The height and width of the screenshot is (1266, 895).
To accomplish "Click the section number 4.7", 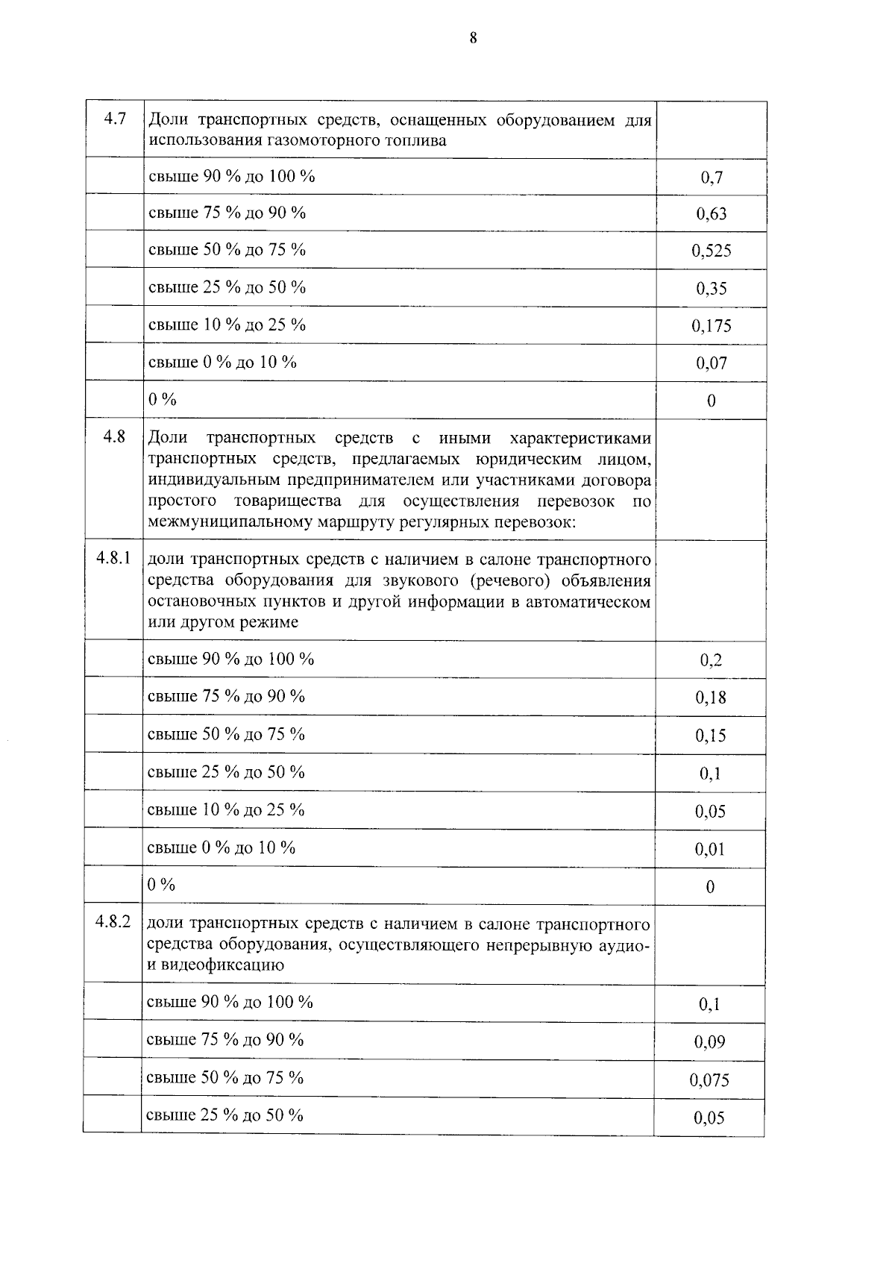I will [114, 119].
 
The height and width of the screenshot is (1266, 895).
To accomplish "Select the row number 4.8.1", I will [113, 558].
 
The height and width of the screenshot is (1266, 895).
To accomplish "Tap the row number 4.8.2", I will [113, 922].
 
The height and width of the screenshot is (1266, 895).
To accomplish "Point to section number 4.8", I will [114, 436].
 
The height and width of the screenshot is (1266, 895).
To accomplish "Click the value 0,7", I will [712, 178].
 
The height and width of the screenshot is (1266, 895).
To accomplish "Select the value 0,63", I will [712, 214].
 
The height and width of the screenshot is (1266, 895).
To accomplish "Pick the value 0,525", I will [712, 251].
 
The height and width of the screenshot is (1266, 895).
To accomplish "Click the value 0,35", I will [712, 289].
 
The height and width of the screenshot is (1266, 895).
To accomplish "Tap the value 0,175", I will [712, 326].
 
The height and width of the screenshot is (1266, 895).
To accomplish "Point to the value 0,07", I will [712, 363].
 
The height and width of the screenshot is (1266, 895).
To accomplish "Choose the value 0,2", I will [711, 660].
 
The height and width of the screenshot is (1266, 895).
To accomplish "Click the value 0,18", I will [711, 698].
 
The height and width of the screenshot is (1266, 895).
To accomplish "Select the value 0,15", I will [711, 736].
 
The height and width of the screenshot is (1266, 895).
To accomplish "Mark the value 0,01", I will [710, 849].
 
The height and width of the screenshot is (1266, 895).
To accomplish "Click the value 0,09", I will [709, 1042].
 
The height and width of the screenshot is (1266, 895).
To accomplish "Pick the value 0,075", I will [709, 1079].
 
